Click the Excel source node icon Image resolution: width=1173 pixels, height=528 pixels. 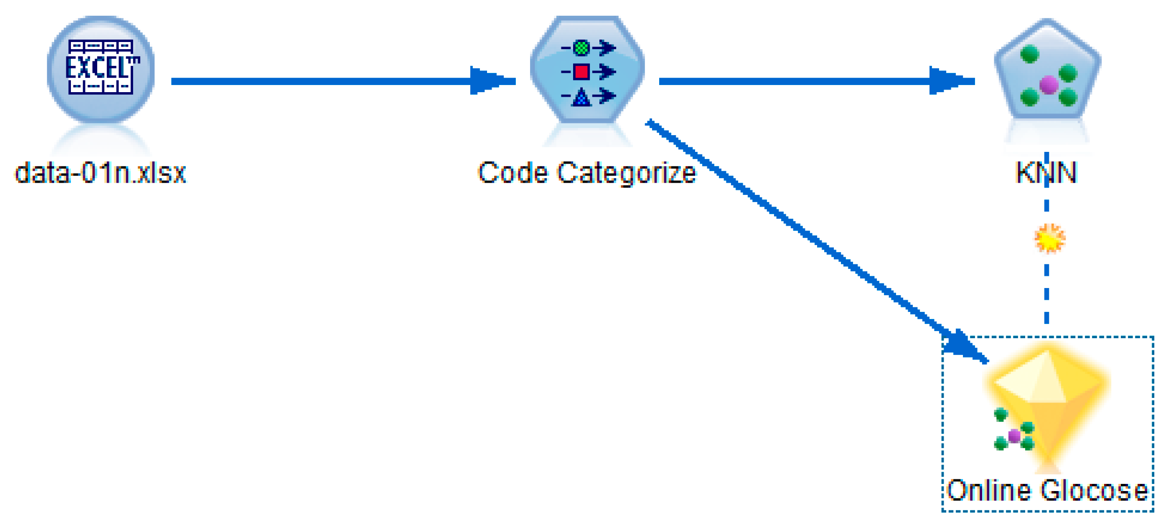coord(101,69)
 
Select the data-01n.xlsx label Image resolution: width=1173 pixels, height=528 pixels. coord(100,174)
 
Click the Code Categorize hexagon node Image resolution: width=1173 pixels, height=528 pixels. coord(587,69)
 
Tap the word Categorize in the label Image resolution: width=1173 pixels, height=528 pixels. coord(626,174)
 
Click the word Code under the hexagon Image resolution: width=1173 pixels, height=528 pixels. coord(513,174)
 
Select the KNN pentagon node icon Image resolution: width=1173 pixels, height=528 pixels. coord(1047,71)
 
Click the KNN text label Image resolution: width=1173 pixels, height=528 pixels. coord(1046,173)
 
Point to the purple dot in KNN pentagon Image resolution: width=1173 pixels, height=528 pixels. coord(1048,85)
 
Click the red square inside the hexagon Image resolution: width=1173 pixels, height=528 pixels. coord(581,72)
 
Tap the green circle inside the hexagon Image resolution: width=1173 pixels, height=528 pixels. coord(581,48)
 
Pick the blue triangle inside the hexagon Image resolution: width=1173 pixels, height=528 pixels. coord(581,97)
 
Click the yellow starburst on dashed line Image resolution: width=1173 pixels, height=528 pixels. coord(1049,238)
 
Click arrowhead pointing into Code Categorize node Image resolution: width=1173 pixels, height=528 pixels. coord(489,81)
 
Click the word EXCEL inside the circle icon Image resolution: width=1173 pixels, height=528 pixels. coord(101,68)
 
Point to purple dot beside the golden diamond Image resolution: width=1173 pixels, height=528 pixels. coord(1014,436)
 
